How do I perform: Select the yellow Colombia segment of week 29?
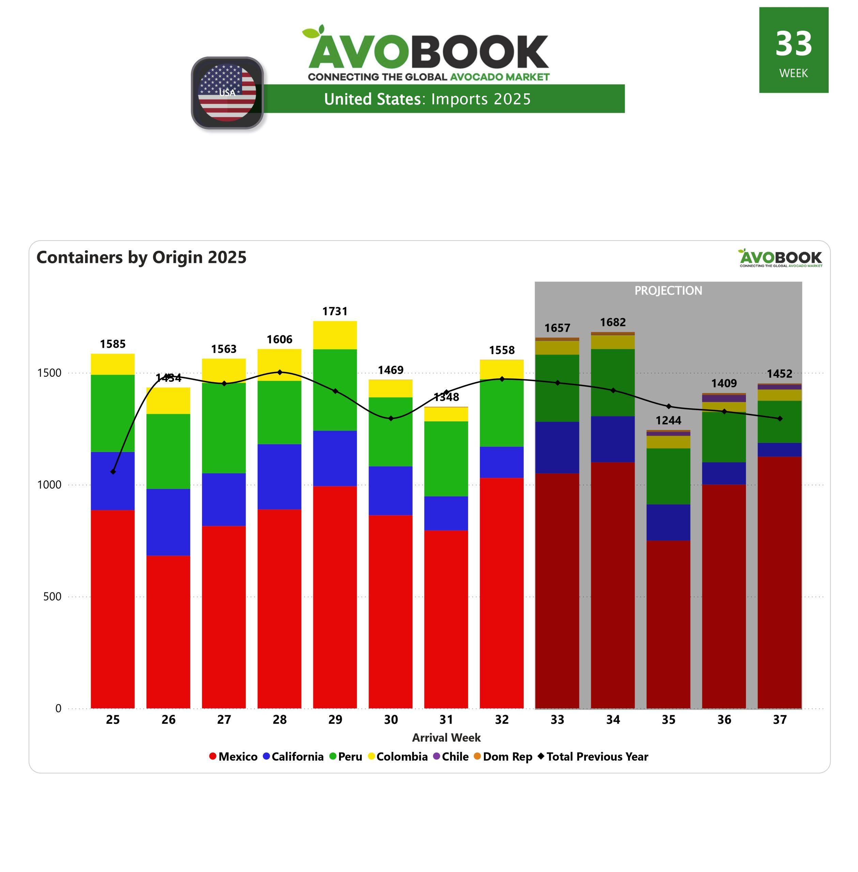point(335,335)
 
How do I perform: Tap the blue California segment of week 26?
point(168,522)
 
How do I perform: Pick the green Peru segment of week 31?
point(446,458)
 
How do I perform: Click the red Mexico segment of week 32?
point(502,593)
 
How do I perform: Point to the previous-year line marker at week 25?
point(113,471)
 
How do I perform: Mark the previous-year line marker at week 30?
point(391,418)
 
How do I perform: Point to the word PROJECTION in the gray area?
point(668,291)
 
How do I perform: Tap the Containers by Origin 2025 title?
point(141,257)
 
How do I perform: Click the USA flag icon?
point(227,93)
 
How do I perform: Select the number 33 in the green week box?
point(794,44)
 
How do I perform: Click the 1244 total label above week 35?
point(668,420)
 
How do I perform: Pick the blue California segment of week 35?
point(668,522)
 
